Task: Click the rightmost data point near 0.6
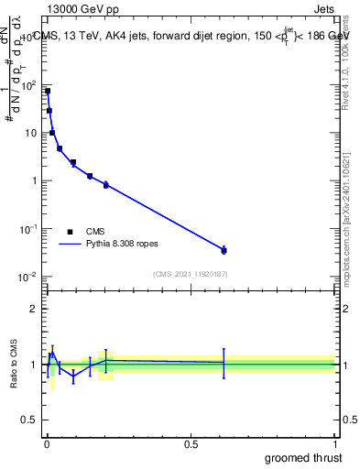click(x=224, y=249)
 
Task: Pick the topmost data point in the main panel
click(x=48, y=92)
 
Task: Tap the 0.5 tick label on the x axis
click(x=191, y=444)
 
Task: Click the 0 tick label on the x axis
click(x=46, y=444)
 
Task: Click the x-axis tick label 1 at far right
click(x=335, y=444)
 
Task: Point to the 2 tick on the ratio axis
click(x=33, y=309)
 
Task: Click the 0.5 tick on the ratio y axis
click(x=29, y=420)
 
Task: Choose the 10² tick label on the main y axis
click(x=29, y=85)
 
